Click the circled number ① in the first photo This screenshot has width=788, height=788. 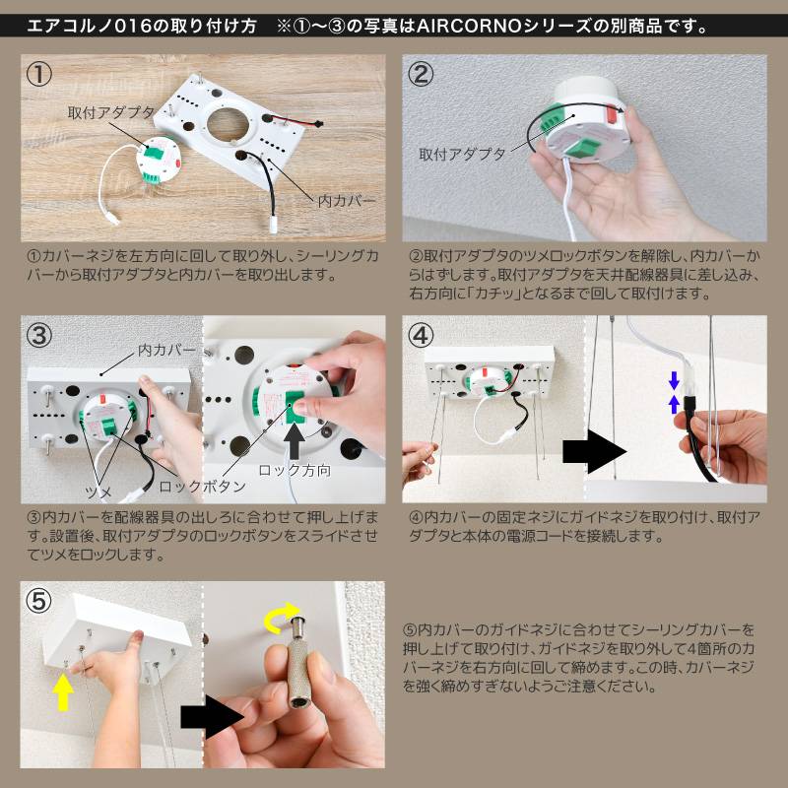pos(38,75)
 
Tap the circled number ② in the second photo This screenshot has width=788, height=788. pos(421,75)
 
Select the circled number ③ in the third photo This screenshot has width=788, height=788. pos(38,335)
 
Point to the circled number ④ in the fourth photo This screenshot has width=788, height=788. pos(421,335)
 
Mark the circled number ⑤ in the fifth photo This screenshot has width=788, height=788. pos(38,602)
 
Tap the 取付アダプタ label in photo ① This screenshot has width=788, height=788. pos(110,112)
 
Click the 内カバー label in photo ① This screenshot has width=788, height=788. pos(347,201)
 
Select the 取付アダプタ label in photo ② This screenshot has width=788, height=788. pos(462,155)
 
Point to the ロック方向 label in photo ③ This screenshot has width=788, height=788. pos(295,471)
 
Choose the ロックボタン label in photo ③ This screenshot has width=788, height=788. pos(202,486)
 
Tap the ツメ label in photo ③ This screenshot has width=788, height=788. pos(98,492)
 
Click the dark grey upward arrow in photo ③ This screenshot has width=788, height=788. pos(294,440)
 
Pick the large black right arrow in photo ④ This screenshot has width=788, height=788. pos(594,451)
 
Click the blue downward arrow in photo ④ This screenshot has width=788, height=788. pos(675,380)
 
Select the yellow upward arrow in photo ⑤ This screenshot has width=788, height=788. pos(63,692)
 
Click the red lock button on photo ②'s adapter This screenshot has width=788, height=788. pos(612,114)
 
